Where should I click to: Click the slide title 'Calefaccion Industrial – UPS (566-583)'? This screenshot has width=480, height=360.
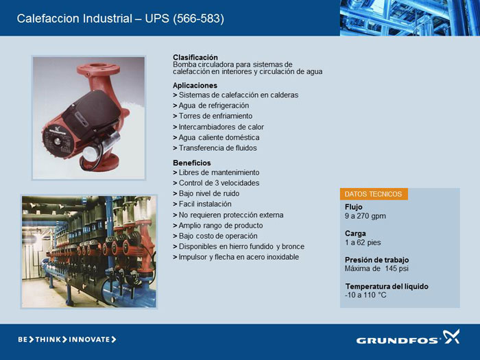[x=120, y=19]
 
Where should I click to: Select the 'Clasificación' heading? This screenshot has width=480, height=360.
[x=195, y=57]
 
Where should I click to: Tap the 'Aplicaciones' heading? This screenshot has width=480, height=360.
[x=195, y=86]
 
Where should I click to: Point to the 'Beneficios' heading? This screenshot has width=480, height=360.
[x=192, y=163]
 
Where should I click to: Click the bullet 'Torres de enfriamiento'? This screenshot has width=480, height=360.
[x=215, y=116]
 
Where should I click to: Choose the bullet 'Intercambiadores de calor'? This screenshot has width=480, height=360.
[x=221, y=127]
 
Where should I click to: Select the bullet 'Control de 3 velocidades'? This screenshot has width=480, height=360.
[x=219, y=183]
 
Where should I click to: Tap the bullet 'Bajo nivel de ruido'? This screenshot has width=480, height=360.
[x=209, y=193]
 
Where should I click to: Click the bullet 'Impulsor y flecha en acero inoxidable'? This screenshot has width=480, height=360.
[x=239, y=257]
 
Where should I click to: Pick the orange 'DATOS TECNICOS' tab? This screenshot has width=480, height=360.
[x=374, y=194]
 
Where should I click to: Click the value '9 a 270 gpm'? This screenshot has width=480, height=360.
[x=365, y=216]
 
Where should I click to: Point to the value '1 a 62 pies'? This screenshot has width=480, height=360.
[x=363, y=243]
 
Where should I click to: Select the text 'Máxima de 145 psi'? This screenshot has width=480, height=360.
[x=376, y=269]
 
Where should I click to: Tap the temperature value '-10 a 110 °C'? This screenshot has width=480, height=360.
[x=365, y=295]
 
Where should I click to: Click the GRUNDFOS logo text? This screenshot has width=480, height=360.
[x=397, y=340]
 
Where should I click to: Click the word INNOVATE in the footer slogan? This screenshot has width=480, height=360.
[x=89, y=339]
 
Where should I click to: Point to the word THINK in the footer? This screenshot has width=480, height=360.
[x=48, y=339]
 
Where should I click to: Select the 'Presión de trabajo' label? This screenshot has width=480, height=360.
[x=377, y=260]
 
